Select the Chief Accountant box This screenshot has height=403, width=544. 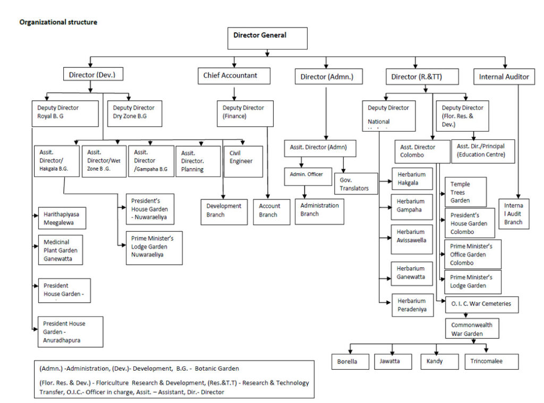click(x=230, y=76)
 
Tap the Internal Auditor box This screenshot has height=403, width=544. click(x=504, y=77)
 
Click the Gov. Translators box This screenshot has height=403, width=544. click(x=358, y=182)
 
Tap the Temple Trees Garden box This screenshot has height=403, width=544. click(x=465, y=192)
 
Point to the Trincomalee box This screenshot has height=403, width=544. click(x=491, y=362)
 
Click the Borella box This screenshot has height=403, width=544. click(x=351, y=362)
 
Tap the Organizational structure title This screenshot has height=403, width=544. click(x=58, y=22)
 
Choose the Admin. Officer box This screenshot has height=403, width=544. click(x=303, y=175)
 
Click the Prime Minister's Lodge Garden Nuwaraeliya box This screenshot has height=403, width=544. click(x=154, y=247)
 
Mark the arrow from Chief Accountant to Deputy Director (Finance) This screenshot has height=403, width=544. click(x=234, y=93)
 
